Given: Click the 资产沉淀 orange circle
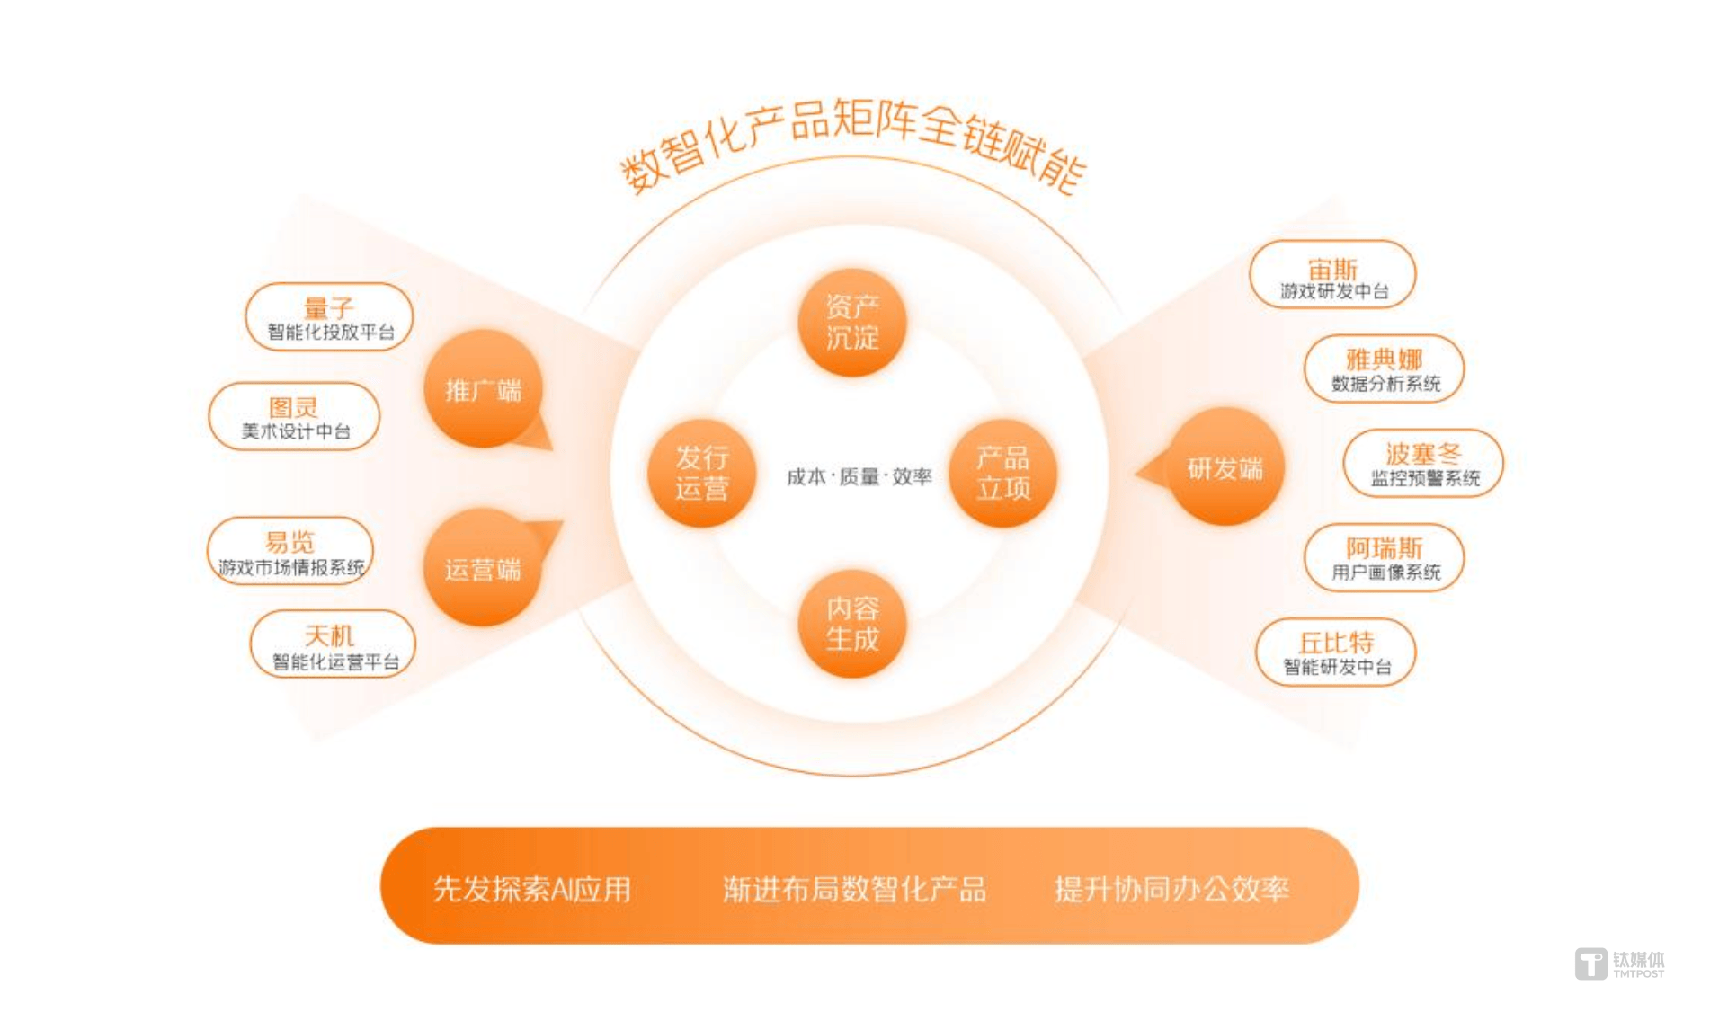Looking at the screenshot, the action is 851,322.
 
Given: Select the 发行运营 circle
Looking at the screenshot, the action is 701,473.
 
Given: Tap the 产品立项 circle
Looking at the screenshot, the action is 1002,473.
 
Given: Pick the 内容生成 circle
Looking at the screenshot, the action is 851,624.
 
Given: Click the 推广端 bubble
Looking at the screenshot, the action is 484,388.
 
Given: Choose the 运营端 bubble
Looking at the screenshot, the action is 484,567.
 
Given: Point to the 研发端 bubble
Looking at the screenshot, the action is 1224,466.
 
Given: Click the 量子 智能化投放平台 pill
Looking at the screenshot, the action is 329,316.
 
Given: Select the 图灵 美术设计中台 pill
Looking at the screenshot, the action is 294,416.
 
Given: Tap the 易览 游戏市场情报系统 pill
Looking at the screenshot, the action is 290,551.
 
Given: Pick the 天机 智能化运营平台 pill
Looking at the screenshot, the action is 333,644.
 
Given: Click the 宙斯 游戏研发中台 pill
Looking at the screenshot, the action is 1332,274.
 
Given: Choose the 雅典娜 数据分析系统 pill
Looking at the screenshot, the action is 1385,368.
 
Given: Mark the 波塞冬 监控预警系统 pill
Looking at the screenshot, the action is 1423,463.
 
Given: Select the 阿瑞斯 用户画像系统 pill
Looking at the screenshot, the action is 1385,557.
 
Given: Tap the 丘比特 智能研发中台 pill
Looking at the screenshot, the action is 1336,652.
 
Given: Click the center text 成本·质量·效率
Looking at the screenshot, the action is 859,476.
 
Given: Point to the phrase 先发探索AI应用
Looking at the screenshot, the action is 532,889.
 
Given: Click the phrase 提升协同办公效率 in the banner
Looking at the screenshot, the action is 1171,889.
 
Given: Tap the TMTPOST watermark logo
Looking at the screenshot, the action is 1619,963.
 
